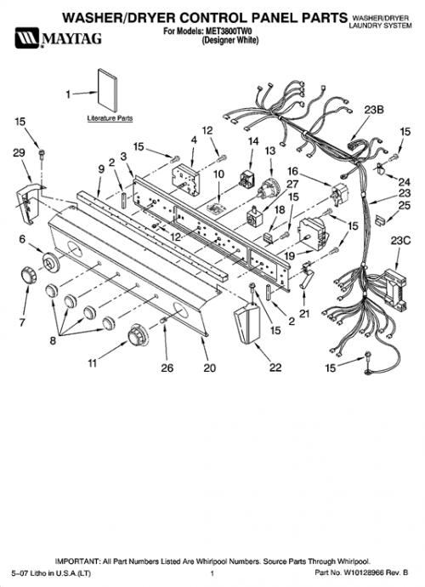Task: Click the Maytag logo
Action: coord(58,37)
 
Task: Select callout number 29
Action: coord(19,153)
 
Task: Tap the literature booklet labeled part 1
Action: coord(107,90)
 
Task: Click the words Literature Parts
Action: coord(110,118)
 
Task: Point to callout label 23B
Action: coord(374,110)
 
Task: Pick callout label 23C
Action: coord(400,241)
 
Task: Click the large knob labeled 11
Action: coord(138,334)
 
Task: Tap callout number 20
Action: coord(209,368)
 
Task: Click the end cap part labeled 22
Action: coord(246,322)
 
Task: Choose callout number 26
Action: coord(167,368)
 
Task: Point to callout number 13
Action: coord(270,151)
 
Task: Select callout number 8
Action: coord(53,340)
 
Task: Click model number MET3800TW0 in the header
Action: coord(229,31)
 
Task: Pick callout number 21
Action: coord(304,313)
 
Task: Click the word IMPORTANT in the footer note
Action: coord(77,561)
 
